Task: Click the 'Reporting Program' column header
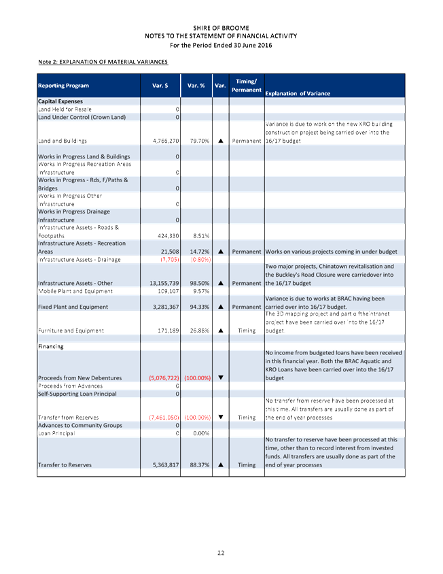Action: coord(63,86)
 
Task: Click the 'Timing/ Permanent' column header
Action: coord(246,86)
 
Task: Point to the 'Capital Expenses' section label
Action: coord(60,101)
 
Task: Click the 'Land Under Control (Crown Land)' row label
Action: coord(82,117)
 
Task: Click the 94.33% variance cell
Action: coord(197,307)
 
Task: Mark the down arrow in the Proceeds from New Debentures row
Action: coord(221,377)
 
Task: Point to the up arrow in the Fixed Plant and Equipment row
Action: coord(221,307)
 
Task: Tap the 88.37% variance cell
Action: coord(197,465)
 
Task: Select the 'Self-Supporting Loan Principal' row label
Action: coord(77,394)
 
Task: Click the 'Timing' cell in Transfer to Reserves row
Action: coord(247,465)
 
